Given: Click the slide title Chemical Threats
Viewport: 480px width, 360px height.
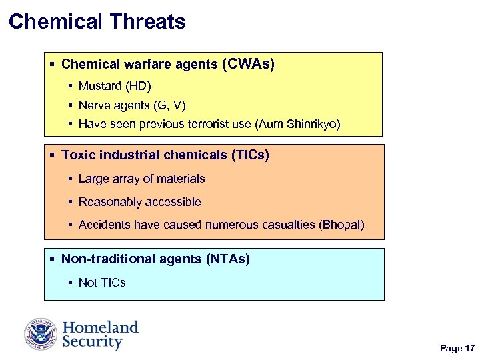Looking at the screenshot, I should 97,21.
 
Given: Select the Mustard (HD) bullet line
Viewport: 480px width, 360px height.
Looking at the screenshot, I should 115,86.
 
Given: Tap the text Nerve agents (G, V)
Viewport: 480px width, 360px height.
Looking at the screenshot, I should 132,105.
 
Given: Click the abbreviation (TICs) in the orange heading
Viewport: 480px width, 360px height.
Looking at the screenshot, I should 250,155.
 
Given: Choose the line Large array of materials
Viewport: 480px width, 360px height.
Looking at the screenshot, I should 141,179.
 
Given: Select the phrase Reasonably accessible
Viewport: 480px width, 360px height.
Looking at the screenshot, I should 139,202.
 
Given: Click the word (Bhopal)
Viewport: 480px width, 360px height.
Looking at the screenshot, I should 342,225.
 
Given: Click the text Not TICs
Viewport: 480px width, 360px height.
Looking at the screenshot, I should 102,282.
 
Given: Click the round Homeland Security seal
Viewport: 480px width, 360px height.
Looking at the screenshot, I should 41,334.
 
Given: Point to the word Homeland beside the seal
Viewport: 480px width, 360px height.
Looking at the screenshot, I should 100,327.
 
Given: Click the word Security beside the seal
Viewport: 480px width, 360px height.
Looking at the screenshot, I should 92,342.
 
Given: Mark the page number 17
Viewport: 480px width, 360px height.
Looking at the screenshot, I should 469,349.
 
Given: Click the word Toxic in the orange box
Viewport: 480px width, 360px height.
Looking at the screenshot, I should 75,155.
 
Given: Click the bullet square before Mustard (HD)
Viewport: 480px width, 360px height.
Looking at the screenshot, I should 71,86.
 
